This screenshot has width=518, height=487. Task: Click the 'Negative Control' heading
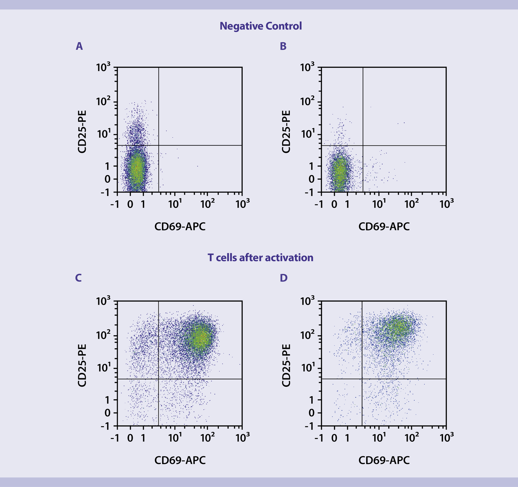(261, 26)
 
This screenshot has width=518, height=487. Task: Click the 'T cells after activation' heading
(260, 258)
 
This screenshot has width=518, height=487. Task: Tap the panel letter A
(79, 46)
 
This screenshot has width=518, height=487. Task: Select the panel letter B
(283, 46)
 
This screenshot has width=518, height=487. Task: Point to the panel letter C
(78, 278)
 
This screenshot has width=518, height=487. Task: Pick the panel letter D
(284, 278)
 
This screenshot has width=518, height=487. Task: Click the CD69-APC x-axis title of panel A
(180, 226)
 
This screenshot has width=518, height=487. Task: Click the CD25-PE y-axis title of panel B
(286, 131)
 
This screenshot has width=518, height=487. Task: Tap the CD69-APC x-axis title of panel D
(384, 460)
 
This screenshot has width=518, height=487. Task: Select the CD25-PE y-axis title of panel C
(82, 365)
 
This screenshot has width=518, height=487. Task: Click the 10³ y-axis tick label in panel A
(103, 67)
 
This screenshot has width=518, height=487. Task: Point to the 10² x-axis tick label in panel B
(411, 204)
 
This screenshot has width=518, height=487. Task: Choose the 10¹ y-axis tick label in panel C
(103, 368)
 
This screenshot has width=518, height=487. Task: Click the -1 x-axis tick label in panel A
(115, 204)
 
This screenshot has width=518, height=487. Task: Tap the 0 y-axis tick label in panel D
(311, 413)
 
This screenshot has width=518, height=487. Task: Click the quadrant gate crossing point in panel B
(363, 146)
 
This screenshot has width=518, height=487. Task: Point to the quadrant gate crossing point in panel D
(362, 379)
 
